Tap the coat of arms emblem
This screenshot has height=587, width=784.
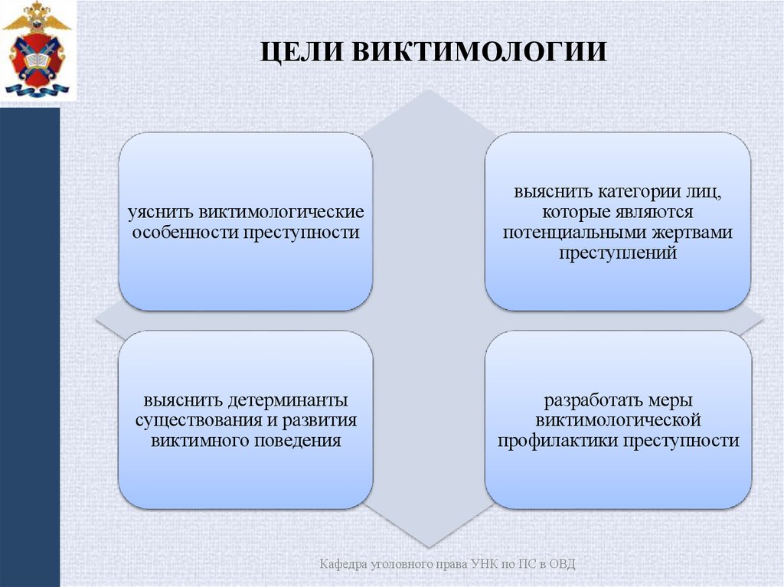click(36, 50)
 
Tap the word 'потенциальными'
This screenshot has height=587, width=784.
click(574, 232)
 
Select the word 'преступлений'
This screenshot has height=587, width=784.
click(617, 253)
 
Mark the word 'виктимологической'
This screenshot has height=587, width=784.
click(618, 420)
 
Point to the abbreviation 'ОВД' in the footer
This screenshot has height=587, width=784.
click(562, 564)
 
